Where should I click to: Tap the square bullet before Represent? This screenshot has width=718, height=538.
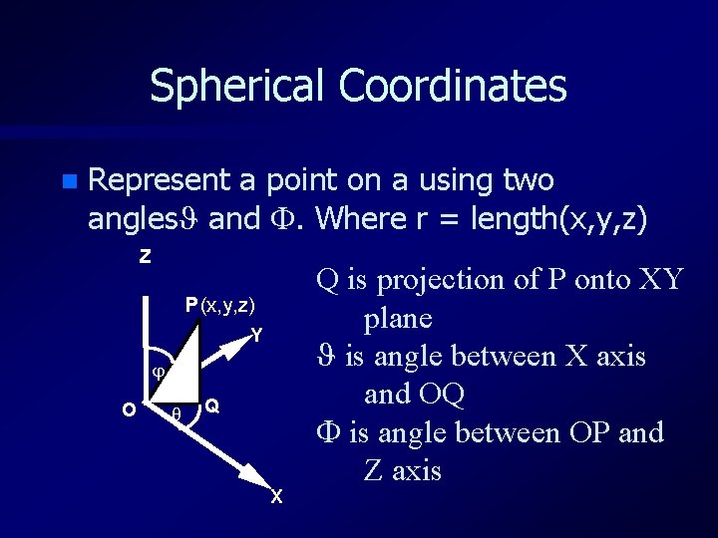point(67,181)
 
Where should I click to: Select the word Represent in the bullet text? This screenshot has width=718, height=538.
point(160,180)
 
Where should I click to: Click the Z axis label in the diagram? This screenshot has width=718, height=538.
point(146,257)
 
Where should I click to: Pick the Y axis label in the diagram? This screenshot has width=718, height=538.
point(257,336)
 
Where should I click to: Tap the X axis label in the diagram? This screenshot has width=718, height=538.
point(276,497)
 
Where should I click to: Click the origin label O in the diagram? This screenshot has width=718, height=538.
point(129,409)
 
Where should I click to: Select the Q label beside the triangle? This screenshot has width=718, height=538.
point(212,406)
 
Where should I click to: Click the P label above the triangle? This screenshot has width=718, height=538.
point(190,305)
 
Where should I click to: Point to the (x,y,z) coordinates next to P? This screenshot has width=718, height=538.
point(228,305)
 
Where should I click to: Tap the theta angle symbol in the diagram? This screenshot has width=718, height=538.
point(177,413)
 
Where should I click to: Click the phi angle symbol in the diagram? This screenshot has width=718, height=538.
point(157,373)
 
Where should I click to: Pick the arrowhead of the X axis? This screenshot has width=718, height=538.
point(260,482)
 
